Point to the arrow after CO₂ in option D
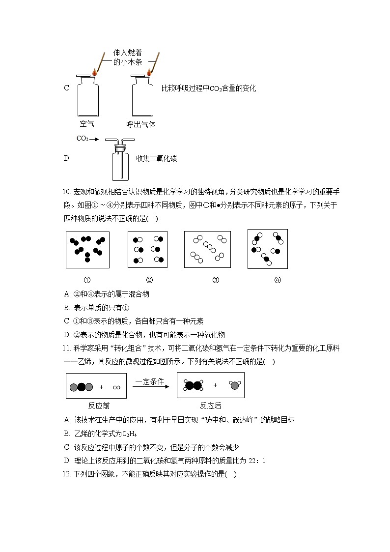pos(95,139)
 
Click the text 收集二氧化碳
pos(156,158)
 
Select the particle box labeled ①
pos(87,250)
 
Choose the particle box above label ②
pos(147,250)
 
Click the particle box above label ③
pos(207,250)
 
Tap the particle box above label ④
pos(267,249)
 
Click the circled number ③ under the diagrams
pos(215,280)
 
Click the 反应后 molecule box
pos(211,385)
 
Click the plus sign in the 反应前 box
pos(101,387)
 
